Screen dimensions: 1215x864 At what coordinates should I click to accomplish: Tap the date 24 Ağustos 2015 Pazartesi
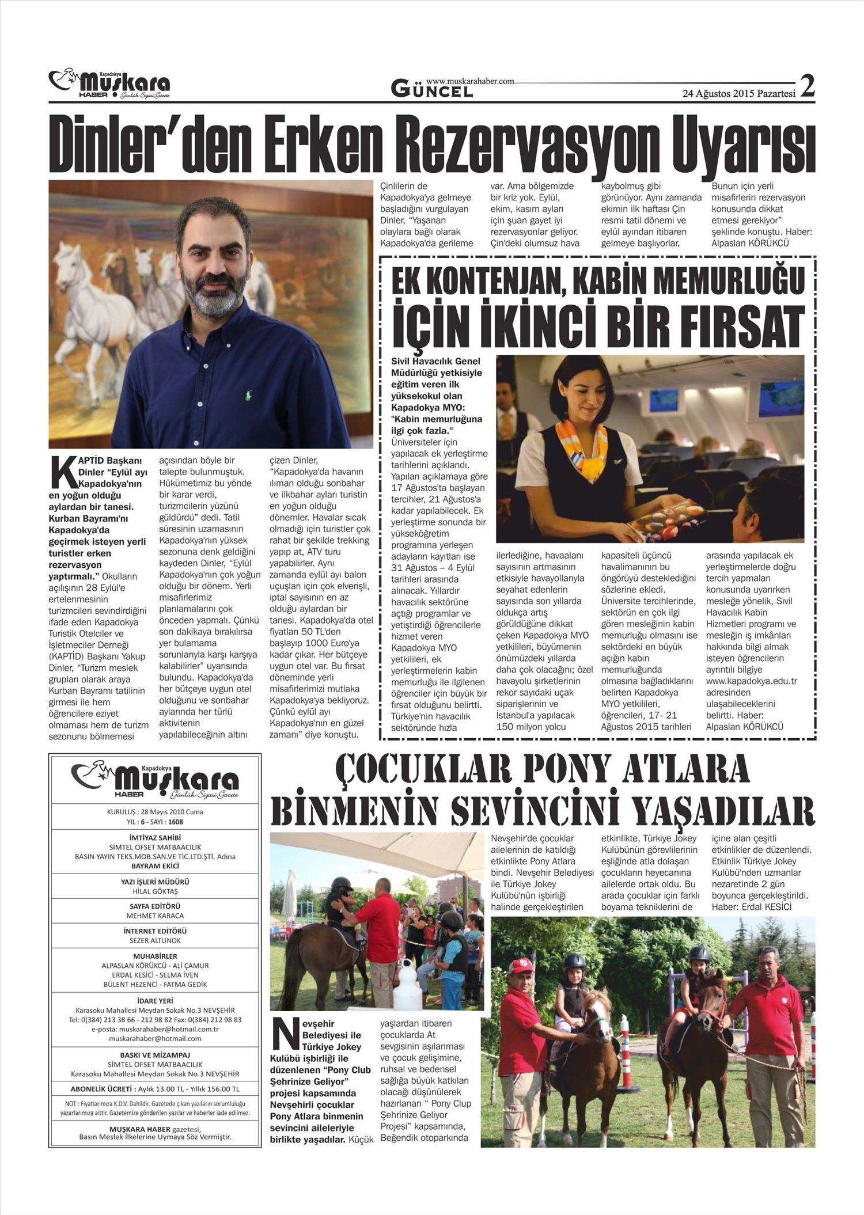click(738, 94)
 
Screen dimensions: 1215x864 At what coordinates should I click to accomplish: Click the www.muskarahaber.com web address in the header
click(470, 82)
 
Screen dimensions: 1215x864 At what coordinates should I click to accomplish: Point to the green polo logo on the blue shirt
click(248, 396)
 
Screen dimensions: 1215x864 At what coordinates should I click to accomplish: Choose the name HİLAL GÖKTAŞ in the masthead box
click(155, 891)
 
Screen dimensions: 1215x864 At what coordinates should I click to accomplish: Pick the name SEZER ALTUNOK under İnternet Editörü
click(155, 940)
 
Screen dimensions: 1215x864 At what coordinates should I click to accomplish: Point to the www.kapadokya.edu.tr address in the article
click(751, 681)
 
